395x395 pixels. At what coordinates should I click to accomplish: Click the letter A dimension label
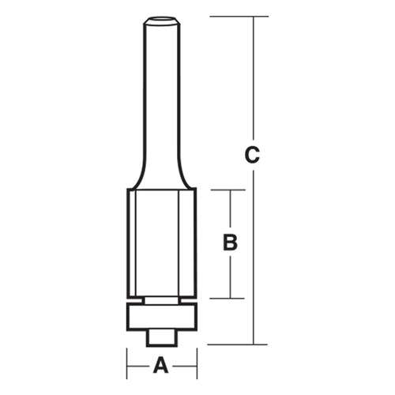161,365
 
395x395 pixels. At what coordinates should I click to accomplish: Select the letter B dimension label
230,243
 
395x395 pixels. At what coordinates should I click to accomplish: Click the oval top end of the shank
161,18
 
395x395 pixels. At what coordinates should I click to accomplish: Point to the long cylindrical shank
161,95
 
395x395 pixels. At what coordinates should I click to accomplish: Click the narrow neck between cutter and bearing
161,299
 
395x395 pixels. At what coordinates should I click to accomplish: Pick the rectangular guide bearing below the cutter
161,315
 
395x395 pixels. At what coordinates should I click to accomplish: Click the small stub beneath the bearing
161,336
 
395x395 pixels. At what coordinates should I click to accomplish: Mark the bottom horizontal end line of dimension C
237,344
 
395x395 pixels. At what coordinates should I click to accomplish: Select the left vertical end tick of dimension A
127,365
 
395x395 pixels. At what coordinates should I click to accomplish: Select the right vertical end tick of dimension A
196,365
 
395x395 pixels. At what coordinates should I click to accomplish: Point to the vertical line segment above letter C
253,79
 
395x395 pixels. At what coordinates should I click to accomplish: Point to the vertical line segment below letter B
230,276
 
